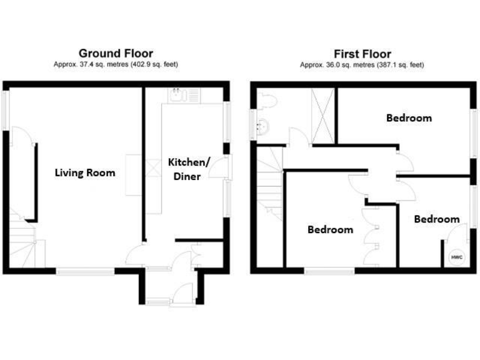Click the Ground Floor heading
point(115,54)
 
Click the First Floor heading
point(362,54)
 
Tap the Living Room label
point(84,172)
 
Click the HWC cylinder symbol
point(454,257)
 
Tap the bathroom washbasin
point(262,127)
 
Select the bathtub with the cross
point(323,116)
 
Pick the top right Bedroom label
point(408,117)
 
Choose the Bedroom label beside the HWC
point(436,219)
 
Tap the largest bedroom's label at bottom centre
point(330,229)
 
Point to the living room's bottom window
point(86,271)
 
